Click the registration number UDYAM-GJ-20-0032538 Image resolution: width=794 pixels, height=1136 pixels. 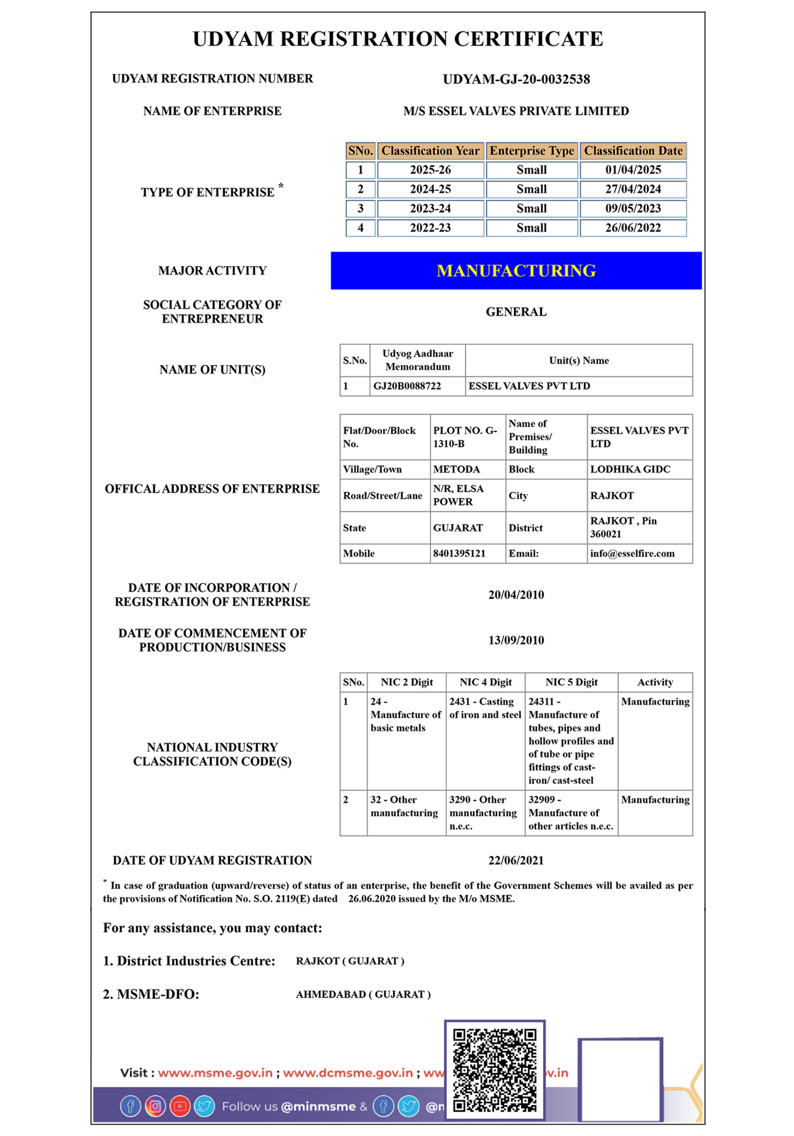[x=516, y=79]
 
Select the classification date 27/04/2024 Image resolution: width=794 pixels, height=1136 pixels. [x=633, y=190]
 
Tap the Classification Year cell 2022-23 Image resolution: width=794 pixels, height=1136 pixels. [x=430, y=228]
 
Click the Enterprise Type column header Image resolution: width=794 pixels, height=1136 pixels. [x=531, y=151]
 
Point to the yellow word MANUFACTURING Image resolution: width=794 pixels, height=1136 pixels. [x=516, y=271]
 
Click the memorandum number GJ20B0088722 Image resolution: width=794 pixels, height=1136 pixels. [x=407, y=386]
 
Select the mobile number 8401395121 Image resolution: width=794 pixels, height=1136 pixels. [x=459, y=554]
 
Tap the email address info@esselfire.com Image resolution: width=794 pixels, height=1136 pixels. [x=632, y=554]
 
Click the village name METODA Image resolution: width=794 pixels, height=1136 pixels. [x=456, y=470]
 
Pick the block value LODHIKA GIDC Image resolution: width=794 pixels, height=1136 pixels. [x=630, y=470]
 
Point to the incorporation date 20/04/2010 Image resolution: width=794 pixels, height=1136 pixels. [x=516, y=595]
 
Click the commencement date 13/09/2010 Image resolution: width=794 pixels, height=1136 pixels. [x=516, y=641]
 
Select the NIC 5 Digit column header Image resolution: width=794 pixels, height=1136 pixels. [x=571, y=682]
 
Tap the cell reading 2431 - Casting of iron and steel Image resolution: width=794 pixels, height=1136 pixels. [x=485, y=708]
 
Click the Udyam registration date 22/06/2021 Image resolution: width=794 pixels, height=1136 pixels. [x=516, y=861]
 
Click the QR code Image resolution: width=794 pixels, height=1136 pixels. [x=494, y=1070]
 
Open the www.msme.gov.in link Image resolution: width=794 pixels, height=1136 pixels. [x=215, y=1073]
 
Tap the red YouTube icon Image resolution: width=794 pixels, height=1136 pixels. [x=180, y=1106]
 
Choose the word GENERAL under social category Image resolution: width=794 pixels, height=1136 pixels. [x=516, y=312]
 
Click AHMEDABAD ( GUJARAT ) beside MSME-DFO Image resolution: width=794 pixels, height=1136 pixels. [x=363, y=995]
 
